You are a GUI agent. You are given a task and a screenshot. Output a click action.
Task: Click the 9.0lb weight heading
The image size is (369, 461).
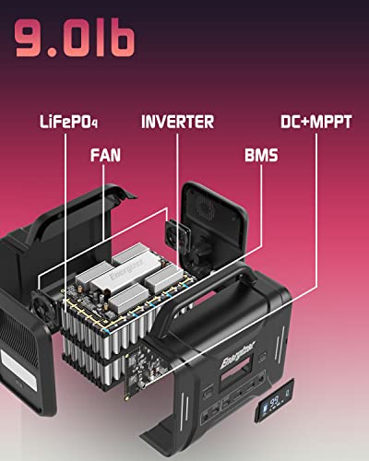tap(75, 39)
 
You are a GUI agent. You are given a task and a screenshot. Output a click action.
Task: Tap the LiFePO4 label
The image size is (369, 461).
tap(69, 122)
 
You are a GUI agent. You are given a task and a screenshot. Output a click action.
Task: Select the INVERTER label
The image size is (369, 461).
tap(177, 122)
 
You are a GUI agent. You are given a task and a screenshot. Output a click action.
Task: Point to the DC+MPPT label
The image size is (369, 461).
tap(316, 122)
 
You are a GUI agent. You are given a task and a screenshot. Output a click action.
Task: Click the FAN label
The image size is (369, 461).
tap(105, 155)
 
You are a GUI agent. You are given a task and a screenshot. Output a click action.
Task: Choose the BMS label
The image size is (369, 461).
tap(261, 155)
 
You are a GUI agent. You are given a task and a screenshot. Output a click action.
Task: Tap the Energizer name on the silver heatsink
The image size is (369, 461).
tap(126, 270)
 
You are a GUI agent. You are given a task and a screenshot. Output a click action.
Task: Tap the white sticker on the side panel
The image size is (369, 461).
tap(19, 367)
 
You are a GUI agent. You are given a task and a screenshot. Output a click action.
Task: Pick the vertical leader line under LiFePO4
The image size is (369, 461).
tap(65, 223)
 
